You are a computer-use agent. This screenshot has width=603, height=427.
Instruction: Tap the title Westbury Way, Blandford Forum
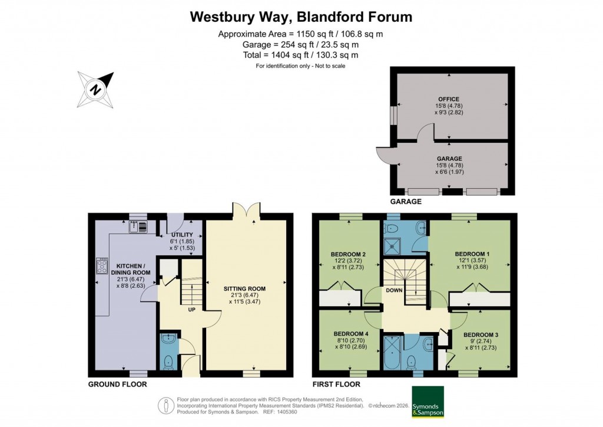301,17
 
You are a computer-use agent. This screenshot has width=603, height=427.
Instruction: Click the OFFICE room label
448,99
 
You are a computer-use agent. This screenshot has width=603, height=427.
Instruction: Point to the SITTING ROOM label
244,289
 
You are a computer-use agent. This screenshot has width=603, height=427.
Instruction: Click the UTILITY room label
182,235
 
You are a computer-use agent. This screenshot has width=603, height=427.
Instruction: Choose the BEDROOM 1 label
469,252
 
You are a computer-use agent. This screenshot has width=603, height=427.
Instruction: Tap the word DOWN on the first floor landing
394,290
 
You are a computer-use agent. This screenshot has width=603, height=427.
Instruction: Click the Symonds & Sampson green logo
428,401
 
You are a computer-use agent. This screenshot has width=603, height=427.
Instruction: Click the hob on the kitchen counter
99,267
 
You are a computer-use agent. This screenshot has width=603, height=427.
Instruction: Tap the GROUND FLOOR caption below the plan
117,384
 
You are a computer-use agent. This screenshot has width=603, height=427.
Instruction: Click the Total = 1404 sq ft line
301,55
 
